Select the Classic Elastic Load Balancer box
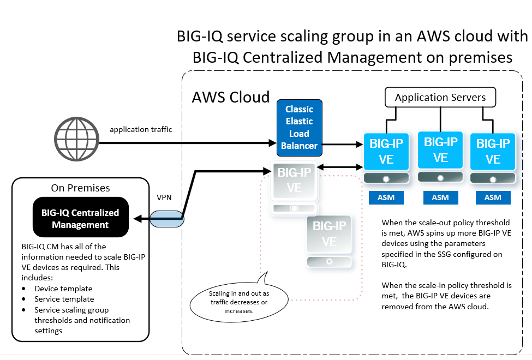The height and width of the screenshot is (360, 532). tap(299, 128)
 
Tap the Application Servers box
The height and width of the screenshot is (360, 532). tap(440, 98)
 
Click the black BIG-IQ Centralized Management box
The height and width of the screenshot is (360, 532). tap(80, 218)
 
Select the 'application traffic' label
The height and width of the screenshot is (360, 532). tap(141, 129)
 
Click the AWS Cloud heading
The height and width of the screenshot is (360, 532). tap(231, 98)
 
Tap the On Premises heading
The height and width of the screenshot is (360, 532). tap(80, 188)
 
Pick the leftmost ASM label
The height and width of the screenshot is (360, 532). tap(386, 197)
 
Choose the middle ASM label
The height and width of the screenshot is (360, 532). tap(440, 197)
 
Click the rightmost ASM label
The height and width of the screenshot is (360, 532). tap(493, 197)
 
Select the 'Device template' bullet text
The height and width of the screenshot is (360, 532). tap(63, 289)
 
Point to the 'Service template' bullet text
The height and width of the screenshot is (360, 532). tap(64, 299)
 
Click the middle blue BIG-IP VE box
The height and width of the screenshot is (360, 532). tap(440, 150)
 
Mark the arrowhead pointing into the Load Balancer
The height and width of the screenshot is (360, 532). tap(273, 144)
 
